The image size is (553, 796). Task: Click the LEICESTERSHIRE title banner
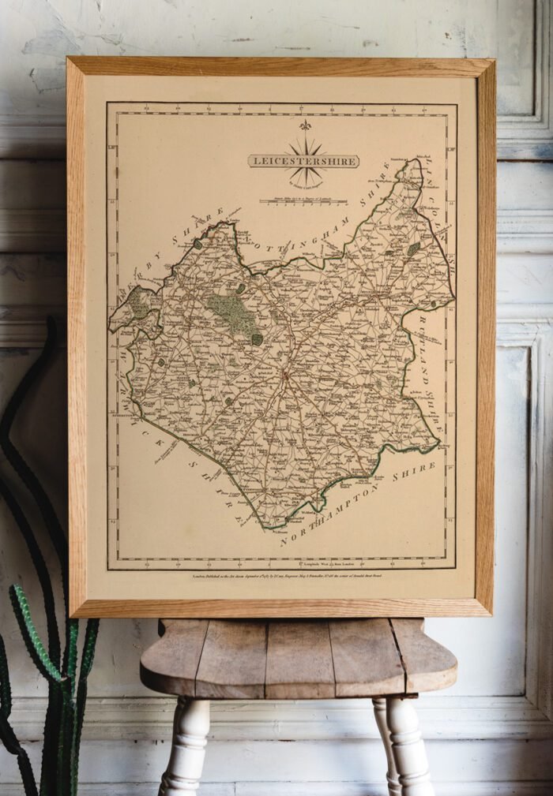(303, 161)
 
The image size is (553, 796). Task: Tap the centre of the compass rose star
(305, 161)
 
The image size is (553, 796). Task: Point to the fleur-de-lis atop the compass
(305, 125)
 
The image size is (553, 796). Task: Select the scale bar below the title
(305, 202)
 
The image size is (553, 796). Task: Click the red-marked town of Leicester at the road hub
(285, 371)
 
